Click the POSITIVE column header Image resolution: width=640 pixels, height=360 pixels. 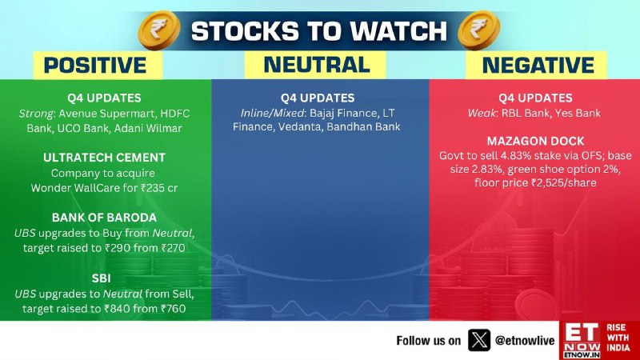[95, 66]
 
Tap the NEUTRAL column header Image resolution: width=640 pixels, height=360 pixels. [317, 65]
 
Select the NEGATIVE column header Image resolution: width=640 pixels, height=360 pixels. [538, 66]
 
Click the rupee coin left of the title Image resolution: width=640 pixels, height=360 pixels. [159, 30]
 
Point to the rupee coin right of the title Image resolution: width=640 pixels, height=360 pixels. [478, 30]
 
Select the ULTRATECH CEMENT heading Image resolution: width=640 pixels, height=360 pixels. [104, 158]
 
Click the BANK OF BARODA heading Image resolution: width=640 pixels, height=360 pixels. [104, 218]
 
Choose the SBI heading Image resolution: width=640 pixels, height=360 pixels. [101, 278]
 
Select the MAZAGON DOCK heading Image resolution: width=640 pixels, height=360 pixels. [535, 142]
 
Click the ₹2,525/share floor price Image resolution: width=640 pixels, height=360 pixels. [564, 183]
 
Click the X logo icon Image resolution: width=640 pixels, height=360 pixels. [478, 340]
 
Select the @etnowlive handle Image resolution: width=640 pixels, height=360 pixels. [525, 341]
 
